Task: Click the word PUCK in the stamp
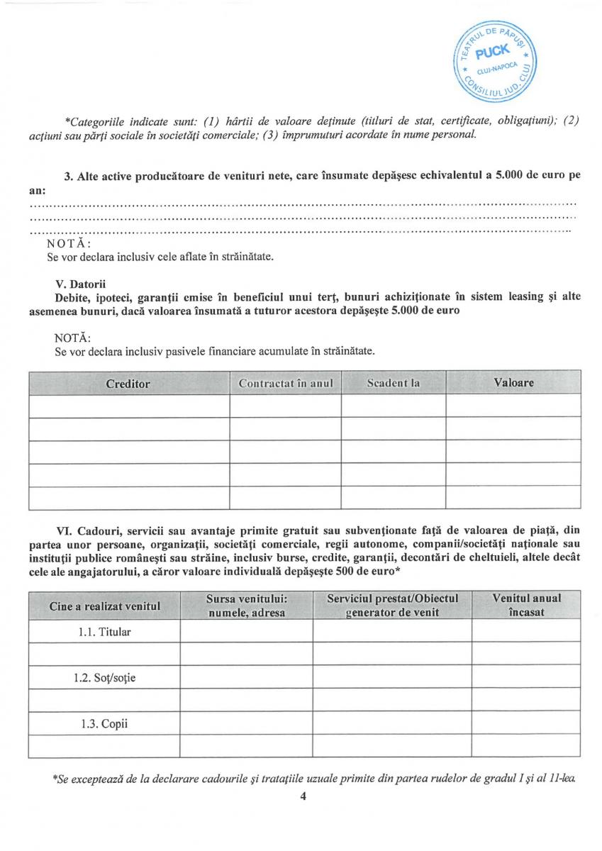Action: pyautogui.click(x=492, y=52)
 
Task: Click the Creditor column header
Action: pyautogui.click(x=128, y=384)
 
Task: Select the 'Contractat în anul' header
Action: pyautogui.click(x=285, y=384)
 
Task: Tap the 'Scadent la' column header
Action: pyautogui.click(x=393, y=384)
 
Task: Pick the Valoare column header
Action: pyautogui.click(x=513, y=383)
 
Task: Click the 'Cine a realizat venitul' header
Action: pyautogui.click(x=104, y=606)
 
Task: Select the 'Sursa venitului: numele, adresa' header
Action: pyautogui.click(x=246, y=606)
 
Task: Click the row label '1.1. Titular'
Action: pyautogui.click(x=104, y=631)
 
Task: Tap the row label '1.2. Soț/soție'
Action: pyautogui.click(x=104, y=677)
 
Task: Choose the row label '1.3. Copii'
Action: pyautogui.click(x=104, y=724)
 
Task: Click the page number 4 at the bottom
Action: pyautogui.click(x=303, y=796)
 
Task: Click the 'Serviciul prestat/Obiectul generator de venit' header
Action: pyautogui.click(x=392, y=606)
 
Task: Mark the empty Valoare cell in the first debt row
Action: pyautogui.click(x=513, y=406)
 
